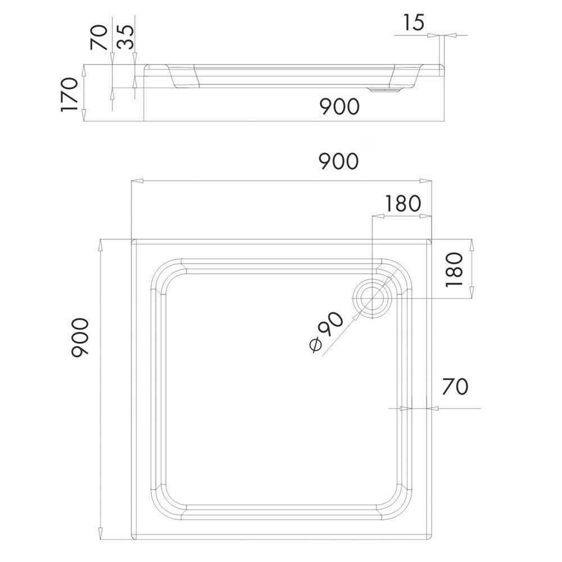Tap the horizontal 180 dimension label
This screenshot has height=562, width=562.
click(402, 203)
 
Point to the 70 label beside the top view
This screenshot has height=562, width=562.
click(455, 387)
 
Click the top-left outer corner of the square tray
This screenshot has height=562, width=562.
click(132, 239)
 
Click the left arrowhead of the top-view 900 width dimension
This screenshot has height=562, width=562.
click(135, 181)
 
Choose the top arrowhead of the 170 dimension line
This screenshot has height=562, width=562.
click(83, 68)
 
